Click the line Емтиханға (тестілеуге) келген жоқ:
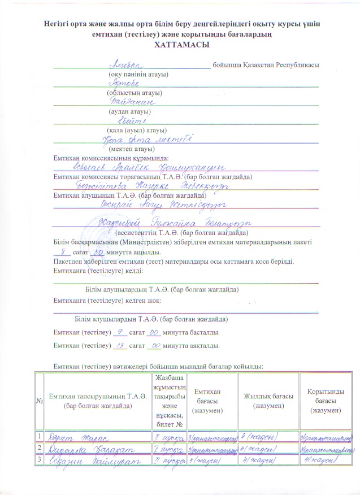(108, 299)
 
